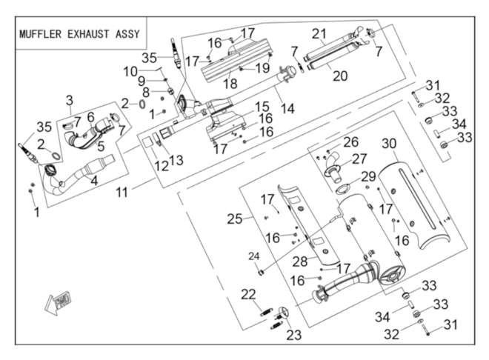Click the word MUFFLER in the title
(35, 35)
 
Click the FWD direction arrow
(57, 302)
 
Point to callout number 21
(319, 34)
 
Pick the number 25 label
(235, 219)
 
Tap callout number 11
(124, 192)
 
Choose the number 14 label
(287, 109)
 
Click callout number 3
(70, 99)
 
